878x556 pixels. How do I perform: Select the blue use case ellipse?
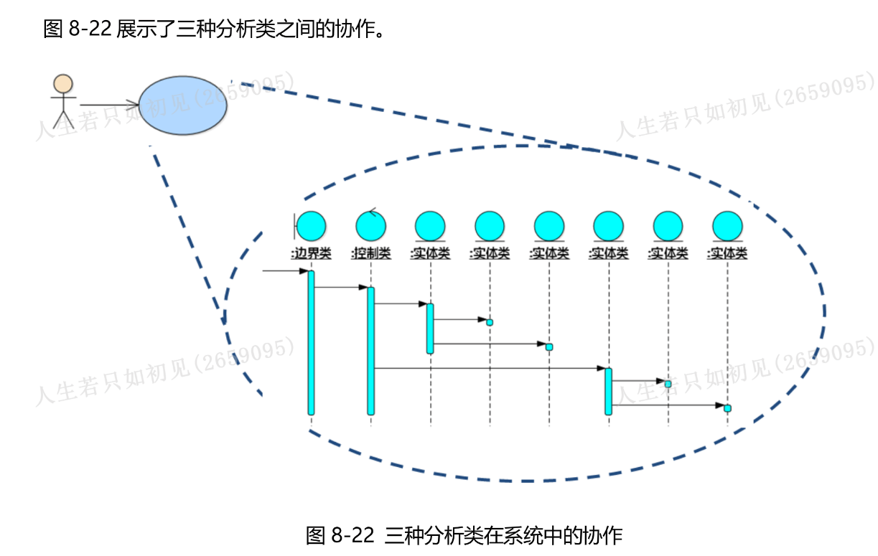(x=182, y=105)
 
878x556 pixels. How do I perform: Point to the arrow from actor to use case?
(x=108, y=105)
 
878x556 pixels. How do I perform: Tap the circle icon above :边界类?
(x=311, y=226)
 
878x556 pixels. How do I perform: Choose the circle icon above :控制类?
(x=370, y=226)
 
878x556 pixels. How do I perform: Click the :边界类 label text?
(x=311, y=253)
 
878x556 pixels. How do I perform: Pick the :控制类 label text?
(x=370, y=253)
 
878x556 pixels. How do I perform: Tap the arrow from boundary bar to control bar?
(x=340, y=288)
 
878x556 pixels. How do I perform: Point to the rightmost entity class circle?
(x=727, y=226)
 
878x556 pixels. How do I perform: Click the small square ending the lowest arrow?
(x=727, y=408)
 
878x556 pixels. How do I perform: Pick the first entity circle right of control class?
(x=430, y=226)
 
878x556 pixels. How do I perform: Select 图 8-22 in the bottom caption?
(x=340, y=535)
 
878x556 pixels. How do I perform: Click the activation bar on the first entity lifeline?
(x=430, y=328)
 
